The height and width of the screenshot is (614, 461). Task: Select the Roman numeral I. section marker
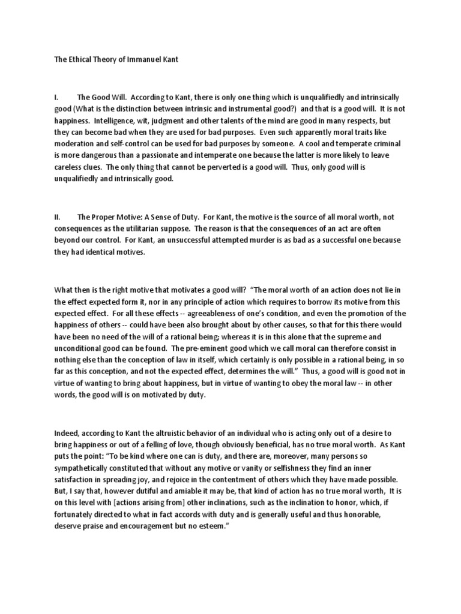pyautogui.click(x=58, y=97)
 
